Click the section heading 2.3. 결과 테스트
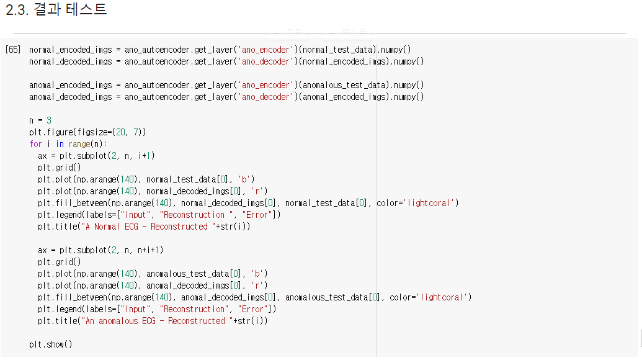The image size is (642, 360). pyautogui.click(x=56, y=10)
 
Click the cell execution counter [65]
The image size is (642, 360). pyautogui.click(x=12, y=50)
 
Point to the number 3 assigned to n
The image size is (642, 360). pyautogui.click(x=49, y=120)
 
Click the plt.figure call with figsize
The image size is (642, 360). pyautogui.click(x=87, y=132)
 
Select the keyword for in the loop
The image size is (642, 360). pyautogui.click(x=35, y=144)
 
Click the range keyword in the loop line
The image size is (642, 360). pyautogui.click(x=79, y=144)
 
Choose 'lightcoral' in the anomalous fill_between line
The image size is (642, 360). pyautogui.click(x=445, y=297)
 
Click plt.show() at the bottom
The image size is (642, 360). pyautogui.click(x=51, y=344)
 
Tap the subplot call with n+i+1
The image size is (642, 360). pyautogui.click(x=101, y=250)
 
